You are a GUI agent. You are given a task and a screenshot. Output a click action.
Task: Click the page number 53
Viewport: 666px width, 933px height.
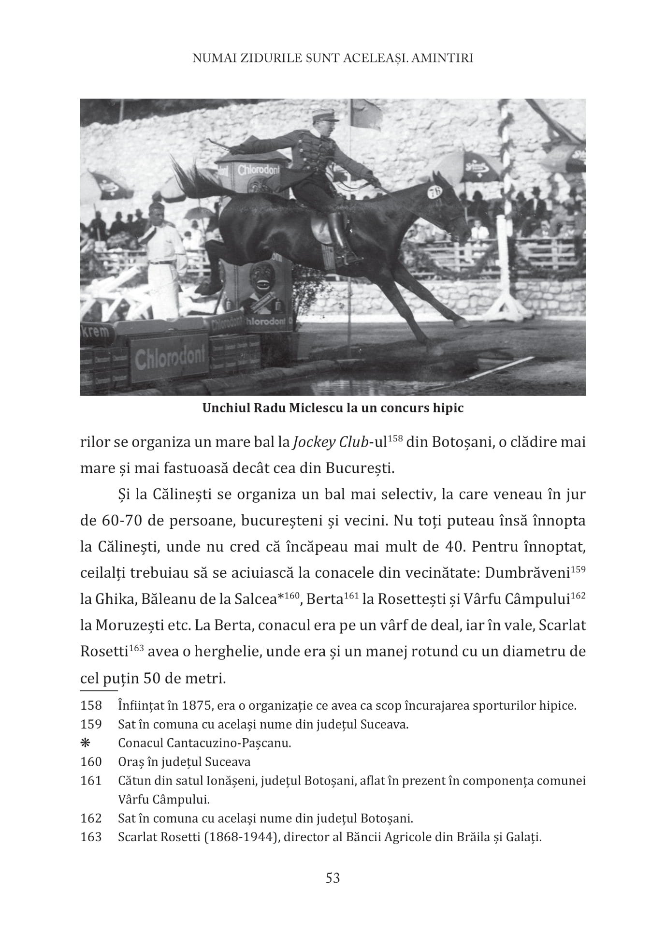click(333, 877)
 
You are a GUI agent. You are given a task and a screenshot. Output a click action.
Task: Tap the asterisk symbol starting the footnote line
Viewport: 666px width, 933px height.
click(86, 743)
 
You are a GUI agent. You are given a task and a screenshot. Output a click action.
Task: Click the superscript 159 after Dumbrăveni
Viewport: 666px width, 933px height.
click(578, 569)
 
